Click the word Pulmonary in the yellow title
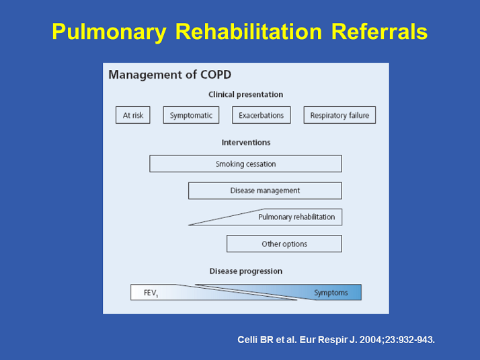pyautogui.click(x=110, y=32)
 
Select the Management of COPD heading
pyautogui.click(x=169, y=75)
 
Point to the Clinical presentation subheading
pyautogui.click(x=245, y=95)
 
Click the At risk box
pyautogui.click(x=133, y=115)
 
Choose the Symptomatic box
pyautogui.click(x=191, y=115)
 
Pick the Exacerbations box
pyautogui.click(x=262, y=115)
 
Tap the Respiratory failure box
pyautogui.click(x=339, y=115)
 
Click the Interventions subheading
pyautogui.click(x=245, y=143)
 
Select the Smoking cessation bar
pyautogui.click(x=245, y=164)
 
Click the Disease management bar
pyautogui.click(x=265, y=190)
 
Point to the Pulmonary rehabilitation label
pyautogui.click(x=296, y=217)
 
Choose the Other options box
pyautogui.click(x=284, y=244)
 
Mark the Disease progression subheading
pyautogui.click(x=245, y=271)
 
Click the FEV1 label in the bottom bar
pyautogui.click(x=151, y=293)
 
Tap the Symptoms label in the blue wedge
pyautogui.click(x=331, y=293)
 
